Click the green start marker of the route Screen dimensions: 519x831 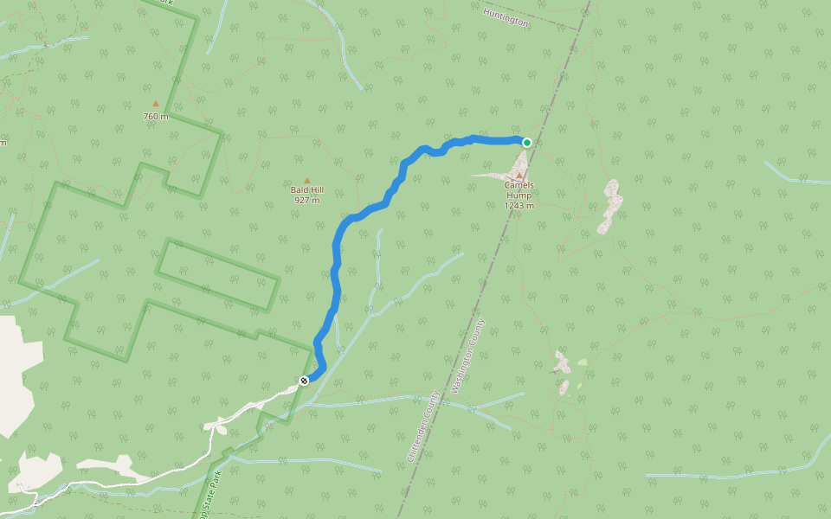click(526, 142)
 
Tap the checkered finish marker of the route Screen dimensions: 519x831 click(304, 381)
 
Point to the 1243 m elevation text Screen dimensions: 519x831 click(519, 206)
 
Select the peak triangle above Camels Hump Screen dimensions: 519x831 click(519, 176)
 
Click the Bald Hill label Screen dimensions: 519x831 click(306, 189)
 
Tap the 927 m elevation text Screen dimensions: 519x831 click(306, 200)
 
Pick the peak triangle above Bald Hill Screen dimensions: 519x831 click(306, 180)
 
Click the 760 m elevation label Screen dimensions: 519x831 click(156, 116)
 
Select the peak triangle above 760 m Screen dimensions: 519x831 click(156, 104)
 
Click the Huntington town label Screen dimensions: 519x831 click(506, 17)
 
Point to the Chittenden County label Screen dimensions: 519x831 click(422, 425)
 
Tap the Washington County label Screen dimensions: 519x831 click(467, 356)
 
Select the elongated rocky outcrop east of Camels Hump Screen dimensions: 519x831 click(610, 206)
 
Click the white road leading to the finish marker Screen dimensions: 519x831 click(260, 405)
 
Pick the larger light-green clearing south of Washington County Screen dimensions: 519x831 click(583, 362)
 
